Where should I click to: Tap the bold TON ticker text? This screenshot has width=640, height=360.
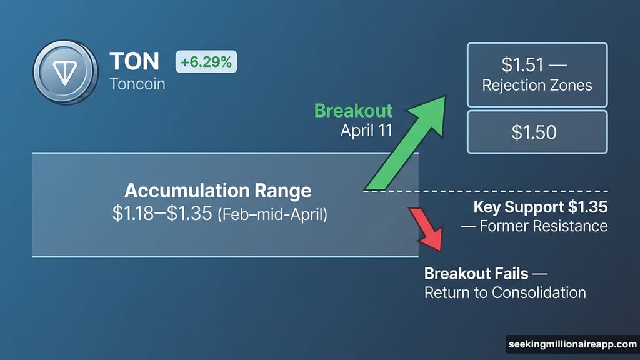click(134, 61)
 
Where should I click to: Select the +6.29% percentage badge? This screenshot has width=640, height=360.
click(206, 62)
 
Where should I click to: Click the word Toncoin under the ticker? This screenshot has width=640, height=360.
click(137, 83)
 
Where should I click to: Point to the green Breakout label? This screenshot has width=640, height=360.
click(353, 111)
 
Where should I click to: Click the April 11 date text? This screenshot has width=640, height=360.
click(366, 131)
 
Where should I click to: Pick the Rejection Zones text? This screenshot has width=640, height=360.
click(537, 84)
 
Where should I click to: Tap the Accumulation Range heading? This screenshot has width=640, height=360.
click(217, 191)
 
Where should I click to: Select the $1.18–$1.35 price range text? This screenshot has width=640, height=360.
click(163, 213)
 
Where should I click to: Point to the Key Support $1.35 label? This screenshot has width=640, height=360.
click(540, 207)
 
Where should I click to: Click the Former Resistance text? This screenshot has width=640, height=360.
click(534, 226)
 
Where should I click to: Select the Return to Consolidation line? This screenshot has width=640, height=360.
click(505, 292)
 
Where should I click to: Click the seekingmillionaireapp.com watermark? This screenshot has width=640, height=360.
click(571, 344)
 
